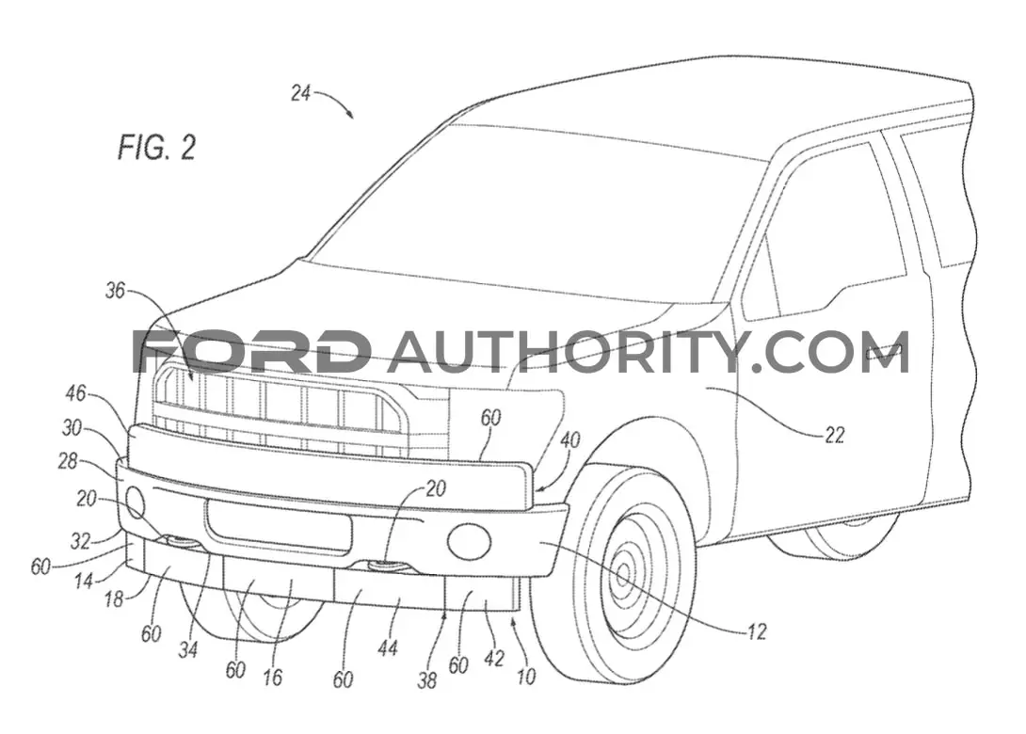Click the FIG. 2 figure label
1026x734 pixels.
pos(157,147)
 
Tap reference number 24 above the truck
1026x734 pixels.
pos(300,93)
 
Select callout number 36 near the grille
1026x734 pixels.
pos(115,290)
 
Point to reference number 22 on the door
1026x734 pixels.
pos(834,435)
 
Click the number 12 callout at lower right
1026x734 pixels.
pos(757,632)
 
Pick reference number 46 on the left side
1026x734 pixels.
pos(76,393)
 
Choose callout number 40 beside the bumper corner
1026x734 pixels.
pos(569,439)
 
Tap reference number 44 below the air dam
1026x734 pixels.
pos(388,647)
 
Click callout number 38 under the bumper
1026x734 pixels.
pos(426,681)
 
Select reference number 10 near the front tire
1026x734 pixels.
pos(527,676)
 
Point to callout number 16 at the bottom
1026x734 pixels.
pos(272,678)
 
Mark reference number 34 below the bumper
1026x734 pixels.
pos(188,649)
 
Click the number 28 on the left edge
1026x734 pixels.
pos(68,461)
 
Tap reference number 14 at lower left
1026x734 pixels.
pos(84,580)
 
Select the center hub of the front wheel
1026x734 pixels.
pos(622,574)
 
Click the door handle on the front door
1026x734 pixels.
pos(887,351)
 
